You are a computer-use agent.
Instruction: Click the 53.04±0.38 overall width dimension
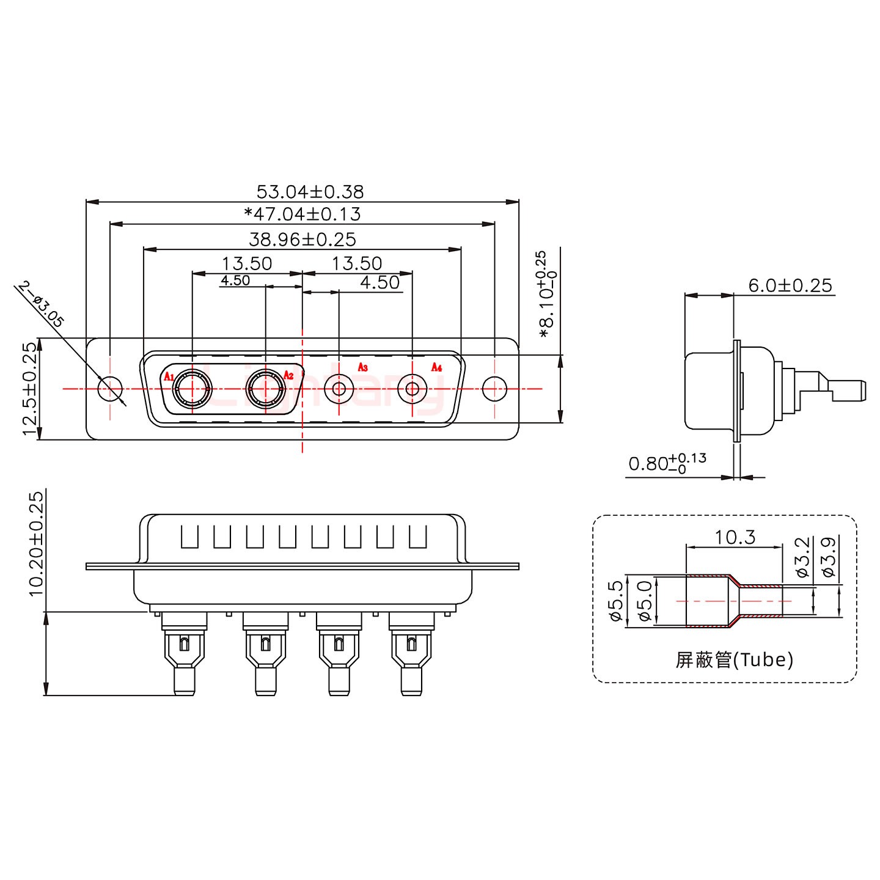[x=310, y=192]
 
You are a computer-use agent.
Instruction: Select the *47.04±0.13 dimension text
[x=302, y=215]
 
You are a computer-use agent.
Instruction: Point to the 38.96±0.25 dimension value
[x=302, y=240]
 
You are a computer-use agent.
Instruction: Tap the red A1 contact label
[x=169, y=376]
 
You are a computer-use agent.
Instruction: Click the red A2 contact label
[x=288, y=375]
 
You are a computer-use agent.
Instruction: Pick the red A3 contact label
[x=362, y=367]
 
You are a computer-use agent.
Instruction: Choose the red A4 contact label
[x=436, y=367]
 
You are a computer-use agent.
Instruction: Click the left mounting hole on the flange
[x=111, y=388]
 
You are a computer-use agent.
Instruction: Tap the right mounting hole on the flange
[x=494, y=388]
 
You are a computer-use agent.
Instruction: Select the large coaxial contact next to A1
[x=193, y=388]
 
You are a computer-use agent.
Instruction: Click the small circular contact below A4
[x=413, y=388]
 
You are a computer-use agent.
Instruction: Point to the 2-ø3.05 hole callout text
[x=41, y=304]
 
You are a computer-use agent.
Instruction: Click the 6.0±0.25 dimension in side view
[x=790, y=285]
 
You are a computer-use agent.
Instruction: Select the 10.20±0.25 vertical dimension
[x=36, y=543]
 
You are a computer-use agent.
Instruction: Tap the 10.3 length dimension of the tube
[x=735, y=537]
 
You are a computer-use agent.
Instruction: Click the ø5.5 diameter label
[x=615, y=601]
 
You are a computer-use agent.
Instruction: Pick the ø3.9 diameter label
[x=828, y=557]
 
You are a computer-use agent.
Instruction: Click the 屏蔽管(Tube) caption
[x=734, y=660]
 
